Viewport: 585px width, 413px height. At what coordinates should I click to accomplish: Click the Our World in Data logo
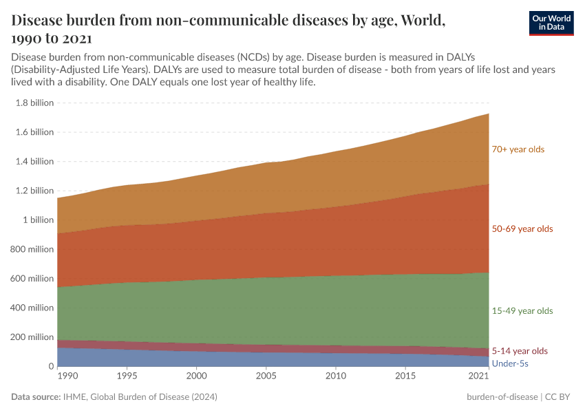pos(551,23)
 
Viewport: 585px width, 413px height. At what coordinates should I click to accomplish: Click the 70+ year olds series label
pos(518,149)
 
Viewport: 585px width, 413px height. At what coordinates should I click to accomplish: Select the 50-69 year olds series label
pos(521,229)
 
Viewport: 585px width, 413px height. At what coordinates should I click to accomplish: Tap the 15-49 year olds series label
pos(521,311)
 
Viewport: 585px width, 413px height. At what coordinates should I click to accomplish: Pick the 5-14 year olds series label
pos(519,351)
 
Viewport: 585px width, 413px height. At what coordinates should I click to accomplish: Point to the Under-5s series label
pos(510,363)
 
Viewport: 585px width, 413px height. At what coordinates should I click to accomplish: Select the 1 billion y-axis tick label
pos(39,220)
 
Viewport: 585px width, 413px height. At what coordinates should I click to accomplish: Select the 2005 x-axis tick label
pos(266,377)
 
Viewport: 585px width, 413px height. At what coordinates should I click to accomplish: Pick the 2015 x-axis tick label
pos(405,377)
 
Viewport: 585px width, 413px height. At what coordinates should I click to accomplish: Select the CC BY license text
pos(560,397)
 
